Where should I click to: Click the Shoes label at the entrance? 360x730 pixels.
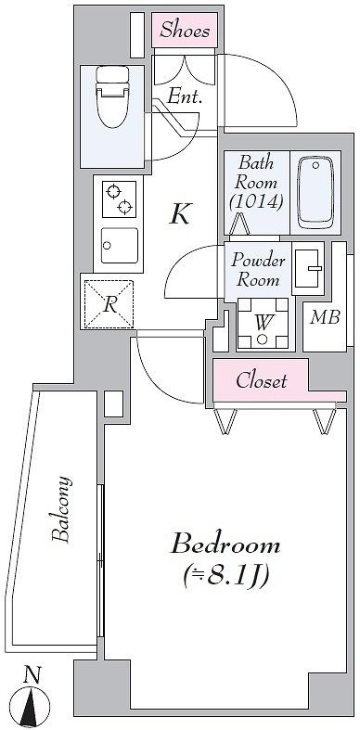click(185, 31)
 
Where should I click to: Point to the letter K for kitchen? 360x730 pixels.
click(180, 214)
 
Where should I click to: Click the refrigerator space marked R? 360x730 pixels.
click(109, 303)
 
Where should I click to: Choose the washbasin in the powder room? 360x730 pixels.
click(308, 270)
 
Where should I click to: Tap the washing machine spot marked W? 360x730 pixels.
click(263, 324)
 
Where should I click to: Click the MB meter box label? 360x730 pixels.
click(324, 318)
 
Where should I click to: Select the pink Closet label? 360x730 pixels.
click(261, 380)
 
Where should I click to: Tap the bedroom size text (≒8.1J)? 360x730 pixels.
click(226, 576)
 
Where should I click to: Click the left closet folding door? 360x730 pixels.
click(225, 422)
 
